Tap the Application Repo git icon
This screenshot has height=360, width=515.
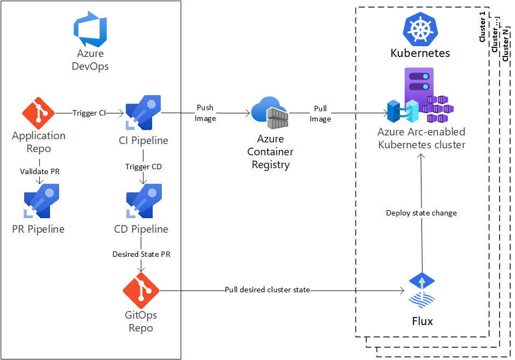38,112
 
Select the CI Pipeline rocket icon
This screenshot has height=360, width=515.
143,112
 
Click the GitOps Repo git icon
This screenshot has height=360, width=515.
141,290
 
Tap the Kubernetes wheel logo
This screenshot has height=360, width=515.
420,30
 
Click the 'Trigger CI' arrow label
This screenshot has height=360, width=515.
89,113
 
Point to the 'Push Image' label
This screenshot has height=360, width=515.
205,113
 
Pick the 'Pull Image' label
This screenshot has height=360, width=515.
320,113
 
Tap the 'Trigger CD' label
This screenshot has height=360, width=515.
144,167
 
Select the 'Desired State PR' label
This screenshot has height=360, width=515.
141,254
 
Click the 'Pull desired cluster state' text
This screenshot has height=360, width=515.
267,290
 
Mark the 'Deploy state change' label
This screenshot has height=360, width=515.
421,213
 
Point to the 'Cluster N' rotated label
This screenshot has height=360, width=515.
506,46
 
